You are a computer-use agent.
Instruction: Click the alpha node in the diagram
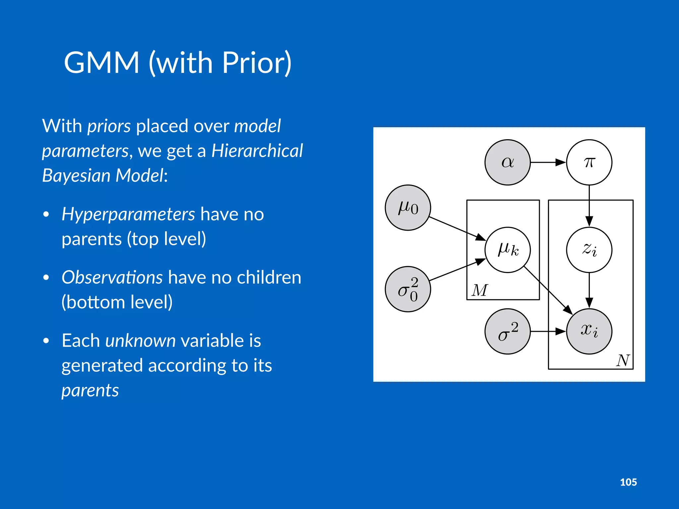coord(507,162)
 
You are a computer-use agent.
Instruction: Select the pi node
coord(589,162)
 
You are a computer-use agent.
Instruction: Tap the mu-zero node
coord(408,208)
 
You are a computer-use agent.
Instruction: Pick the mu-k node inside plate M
coord(508,250)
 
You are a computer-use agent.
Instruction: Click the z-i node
coord(589,250)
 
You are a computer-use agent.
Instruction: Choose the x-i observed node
coord(589,331)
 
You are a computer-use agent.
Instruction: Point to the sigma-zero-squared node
coord(408,289)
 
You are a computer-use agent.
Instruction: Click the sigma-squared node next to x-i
coord(508,331)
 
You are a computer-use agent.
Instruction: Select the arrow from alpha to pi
coord(548,162)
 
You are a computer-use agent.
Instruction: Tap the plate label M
coord(480,290)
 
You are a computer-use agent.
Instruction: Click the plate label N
coord(623,360)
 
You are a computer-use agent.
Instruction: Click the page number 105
coord(628,482)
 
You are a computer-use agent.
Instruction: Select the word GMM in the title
coord(101,63)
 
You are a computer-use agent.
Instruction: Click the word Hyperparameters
coord(128,214)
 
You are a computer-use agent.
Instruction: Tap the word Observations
coord(112,277)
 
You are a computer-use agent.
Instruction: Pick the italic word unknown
coord(140,341)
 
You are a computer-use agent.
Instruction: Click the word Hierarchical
coord(257,151)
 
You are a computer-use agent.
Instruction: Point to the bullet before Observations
coord(46,277)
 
